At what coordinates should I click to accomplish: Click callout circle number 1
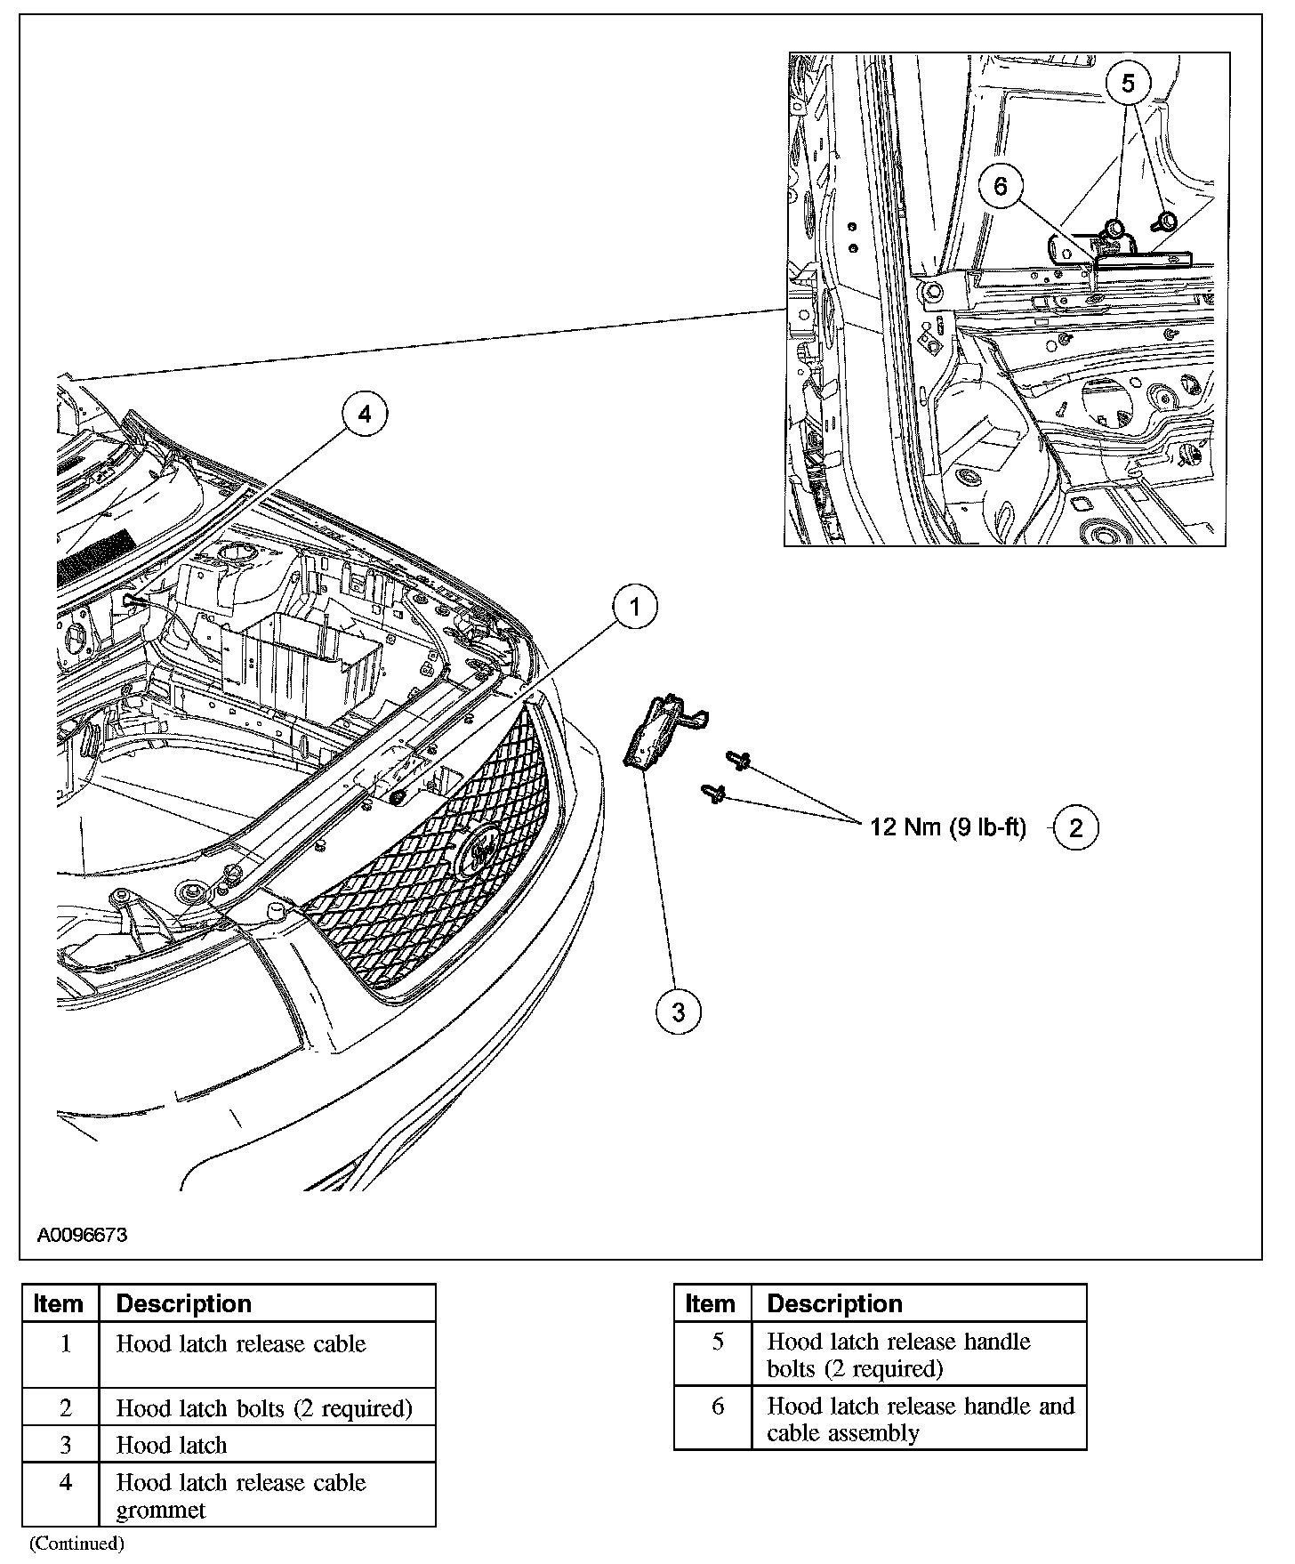click(634, 607)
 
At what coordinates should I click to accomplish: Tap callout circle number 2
click(1076, 828)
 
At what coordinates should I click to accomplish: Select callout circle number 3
click(679, 1012)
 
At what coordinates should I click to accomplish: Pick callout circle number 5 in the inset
click(1128, 84)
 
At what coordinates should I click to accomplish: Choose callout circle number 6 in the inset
click(1001, 187)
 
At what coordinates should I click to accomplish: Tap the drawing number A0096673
click(82, 1236)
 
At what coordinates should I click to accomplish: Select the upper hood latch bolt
click(738, 760)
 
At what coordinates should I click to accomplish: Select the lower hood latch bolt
click(713, 793)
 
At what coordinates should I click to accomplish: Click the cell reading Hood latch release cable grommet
click(241, 1495)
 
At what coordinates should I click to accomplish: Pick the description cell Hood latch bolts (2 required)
click(264, 1408)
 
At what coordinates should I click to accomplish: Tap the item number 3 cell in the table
click(65, 1445)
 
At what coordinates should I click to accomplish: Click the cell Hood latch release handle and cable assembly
click(920, 1419)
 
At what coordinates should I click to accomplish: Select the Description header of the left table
click(184, 1304)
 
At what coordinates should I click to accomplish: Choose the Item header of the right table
click(710, 1304)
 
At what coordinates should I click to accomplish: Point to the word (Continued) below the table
click(76, 1544)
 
